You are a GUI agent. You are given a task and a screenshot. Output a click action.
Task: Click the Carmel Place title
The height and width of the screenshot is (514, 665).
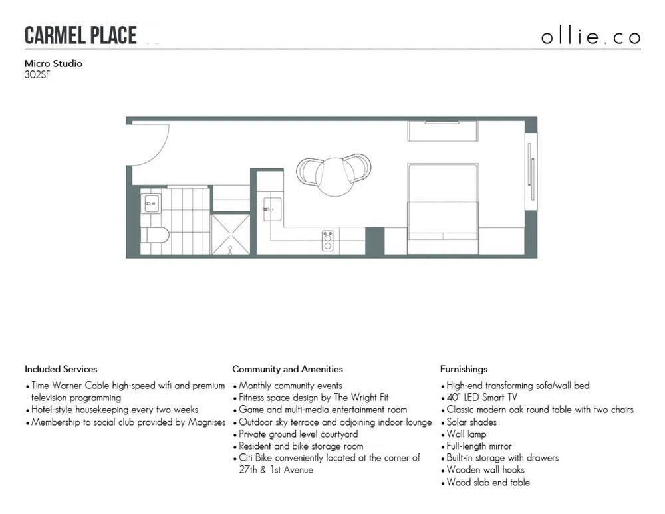80,35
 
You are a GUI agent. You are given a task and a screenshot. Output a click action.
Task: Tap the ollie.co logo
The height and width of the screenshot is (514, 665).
591,37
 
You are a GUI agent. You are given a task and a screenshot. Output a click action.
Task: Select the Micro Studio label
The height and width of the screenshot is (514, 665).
53,64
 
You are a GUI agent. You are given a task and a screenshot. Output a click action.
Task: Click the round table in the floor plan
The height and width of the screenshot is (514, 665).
334,176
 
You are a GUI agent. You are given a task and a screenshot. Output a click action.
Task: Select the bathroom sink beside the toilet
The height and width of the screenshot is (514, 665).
151,203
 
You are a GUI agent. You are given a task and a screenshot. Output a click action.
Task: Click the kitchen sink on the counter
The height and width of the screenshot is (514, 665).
272,209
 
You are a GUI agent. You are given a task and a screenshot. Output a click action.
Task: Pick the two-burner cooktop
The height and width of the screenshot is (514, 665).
327,241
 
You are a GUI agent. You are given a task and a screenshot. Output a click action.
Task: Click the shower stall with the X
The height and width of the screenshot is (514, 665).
231,235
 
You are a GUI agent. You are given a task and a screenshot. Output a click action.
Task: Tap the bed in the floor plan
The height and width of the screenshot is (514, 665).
442,203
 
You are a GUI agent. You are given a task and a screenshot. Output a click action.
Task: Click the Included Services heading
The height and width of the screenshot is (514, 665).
61,369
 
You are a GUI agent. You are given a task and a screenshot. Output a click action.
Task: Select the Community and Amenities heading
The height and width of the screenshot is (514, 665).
288,369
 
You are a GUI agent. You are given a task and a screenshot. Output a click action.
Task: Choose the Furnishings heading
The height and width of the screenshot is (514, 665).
464,369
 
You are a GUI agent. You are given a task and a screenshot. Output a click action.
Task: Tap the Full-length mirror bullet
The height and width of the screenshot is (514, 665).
479,446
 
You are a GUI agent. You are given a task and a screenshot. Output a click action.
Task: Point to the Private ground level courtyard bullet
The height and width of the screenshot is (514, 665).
298,434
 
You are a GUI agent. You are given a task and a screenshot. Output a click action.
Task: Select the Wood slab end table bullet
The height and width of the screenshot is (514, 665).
488,483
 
